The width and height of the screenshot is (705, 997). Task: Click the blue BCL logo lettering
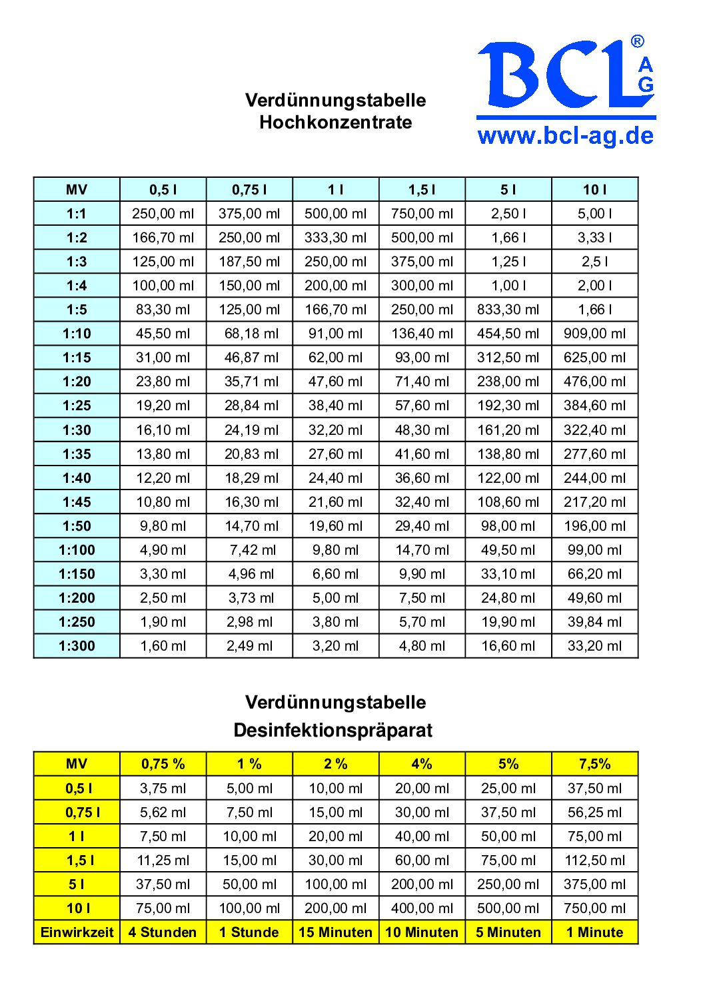(x=556, y=75)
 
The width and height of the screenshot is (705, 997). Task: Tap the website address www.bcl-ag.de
(x=566, y=136)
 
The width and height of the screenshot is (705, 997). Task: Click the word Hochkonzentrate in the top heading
(x=335, y=123)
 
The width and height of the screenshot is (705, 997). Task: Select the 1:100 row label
(x=77, y=550)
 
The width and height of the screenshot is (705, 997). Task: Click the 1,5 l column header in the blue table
(x=422, y=190)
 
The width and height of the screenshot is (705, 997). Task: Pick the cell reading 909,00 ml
(x=594, y=334)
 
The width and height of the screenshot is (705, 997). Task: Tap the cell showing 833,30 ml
(x=508, y=310)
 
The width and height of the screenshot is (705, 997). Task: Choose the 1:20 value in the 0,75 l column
(x=249, y=382)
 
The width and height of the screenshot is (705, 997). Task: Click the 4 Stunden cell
(x=163, y=932)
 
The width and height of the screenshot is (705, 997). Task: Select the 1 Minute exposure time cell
(x=594, y=932)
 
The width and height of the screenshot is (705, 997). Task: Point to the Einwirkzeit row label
(x=77, y=932)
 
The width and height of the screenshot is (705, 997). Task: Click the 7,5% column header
(x=594, y=764)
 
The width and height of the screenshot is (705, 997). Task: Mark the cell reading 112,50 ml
(x=594, y=860)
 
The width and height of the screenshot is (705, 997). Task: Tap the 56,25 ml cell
(x=594, y=813)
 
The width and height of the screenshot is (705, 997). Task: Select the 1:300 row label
(x=77, y=646)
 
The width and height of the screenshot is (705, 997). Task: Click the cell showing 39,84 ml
(x=594, y=622)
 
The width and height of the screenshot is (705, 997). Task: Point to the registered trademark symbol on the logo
(x=638, y=42)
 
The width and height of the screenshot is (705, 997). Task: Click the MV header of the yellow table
(x=77, y=764)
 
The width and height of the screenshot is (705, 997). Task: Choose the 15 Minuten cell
(x=335, y=932)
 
